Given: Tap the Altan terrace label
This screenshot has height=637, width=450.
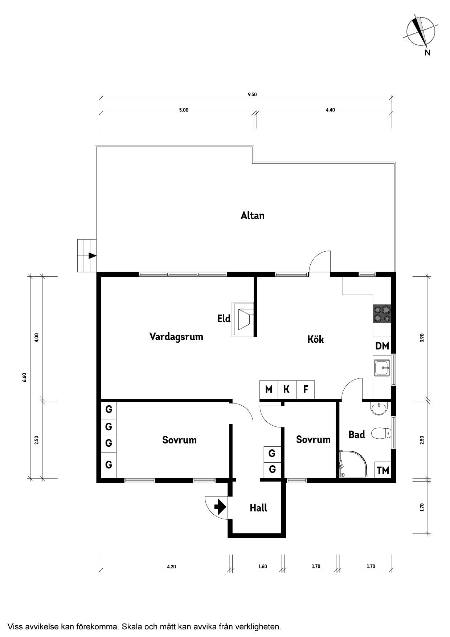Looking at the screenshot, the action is tap(253, 216).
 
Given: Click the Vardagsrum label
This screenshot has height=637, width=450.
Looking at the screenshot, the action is tap(176, 337).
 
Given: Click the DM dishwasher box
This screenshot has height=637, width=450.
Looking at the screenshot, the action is tap(382, 346).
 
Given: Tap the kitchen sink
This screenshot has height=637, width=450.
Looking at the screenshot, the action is tap(382, 368).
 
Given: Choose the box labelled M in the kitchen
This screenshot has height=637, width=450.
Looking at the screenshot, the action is tap(269, 390).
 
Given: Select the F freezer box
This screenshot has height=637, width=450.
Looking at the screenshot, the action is tap(306, 390).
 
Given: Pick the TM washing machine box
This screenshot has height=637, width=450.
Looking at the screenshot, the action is tap(383, 470).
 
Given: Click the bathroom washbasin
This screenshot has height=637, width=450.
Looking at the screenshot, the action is tap(379, 408).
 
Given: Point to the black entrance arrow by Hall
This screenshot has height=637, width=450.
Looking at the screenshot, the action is tap(219, 507).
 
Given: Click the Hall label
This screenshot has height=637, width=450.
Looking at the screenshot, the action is tap(258, 508).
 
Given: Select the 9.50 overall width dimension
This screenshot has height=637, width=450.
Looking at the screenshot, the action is tap(252, 94).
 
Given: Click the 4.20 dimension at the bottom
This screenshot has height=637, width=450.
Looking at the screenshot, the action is tap(171, 566).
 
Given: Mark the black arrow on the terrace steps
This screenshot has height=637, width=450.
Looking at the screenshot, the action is tap(93, 256).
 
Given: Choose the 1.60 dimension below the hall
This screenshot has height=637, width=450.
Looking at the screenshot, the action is tap(262, 566).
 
